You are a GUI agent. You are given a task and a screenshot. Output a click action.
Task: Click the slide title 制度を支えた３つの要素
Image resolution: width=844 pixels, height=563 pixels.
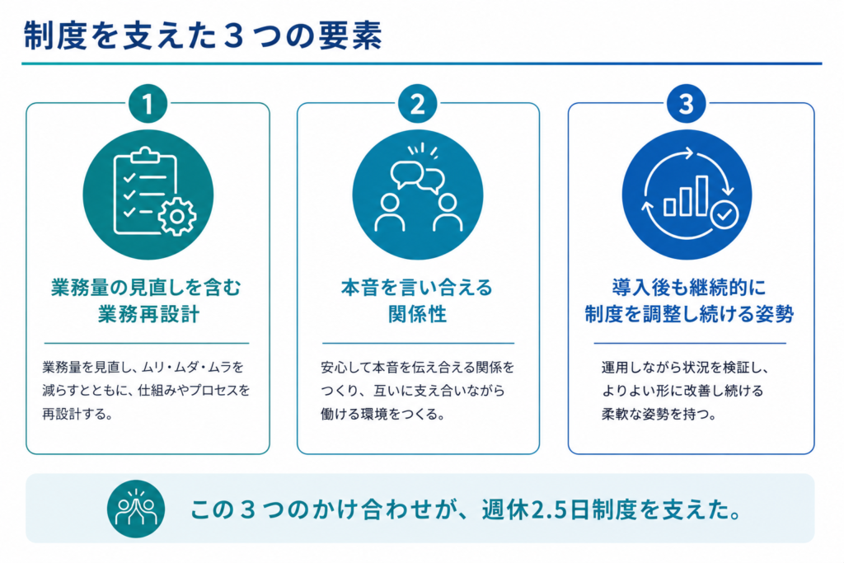pyautogui.click(x=203, y=36)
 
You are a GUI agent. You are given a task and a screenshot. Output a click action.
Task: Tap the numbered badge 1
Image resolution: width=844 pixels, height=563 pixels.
pyautogui.click(x=148, y=104)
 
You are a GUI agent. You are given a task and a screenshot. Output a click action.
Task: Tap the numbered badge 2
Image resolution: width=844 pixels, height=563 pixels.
pyautogui.click(x=418, y=104)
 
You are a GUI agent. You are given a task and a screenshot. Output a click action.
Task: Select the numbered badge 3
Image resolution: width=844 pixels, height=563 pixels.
pyautogui.click(x=687, y=104)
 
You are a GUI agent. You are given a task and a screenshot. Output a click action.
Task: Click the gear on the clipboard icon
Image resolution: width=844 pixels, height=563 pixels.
pyautogui.click(x=177, y=216)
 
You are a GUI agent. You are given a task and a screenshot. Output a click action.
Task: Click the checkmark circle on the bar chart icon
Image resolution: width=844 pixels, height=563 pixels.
pyautogui.click(x=724, y=214)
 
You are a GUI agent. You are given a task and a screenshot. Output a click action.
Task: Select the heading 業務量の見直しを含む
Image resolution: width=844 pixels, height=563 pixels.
pyautogui.click(x=147, y=288)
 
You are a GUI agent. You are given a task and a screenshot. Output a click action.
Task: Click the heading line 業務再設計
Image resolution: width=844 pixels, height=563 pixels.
pyautogui.click(x=148, y=314)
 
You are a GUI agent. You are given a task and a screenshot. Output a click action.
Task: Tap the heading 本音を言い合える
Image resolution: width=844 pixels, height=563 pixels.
pyautogui.click(x=416, y=288)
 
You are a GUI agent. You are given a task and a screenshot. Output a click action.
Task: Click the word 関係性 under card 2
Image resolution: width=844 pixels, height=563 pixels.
pyautogui.click(x=418, y=314)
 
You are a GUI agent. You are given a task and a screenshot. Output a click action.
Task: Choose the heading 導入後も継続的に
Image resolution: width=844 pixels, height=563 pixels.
pyautogui.click(x=689, y=288)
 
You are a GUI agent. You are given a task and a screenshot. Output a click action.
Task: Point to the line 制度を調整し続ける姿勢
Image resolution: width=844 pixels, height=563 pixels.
pyautogui.click(x=689, y=314)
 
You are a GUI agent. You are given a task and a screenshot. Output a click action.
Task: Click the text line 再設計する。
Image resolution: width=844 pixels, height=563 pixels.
pyautogui.click(x=77, y=415)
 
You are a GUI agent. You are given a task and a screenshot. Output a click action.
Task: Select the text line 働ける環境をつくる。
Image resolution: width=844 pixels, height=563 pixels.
pyautogui.click(x=382, y=415)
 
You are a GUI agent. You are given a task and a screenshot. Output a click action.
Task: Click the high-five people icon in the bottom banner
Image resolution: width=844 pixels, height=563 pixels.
pyautogui.click(x=136, y=509)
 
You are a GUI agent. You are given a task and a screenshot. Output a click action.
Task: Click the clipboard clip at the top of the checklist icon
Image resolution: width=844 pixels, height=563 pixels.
pyautogui.click(x=145, y=155)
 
